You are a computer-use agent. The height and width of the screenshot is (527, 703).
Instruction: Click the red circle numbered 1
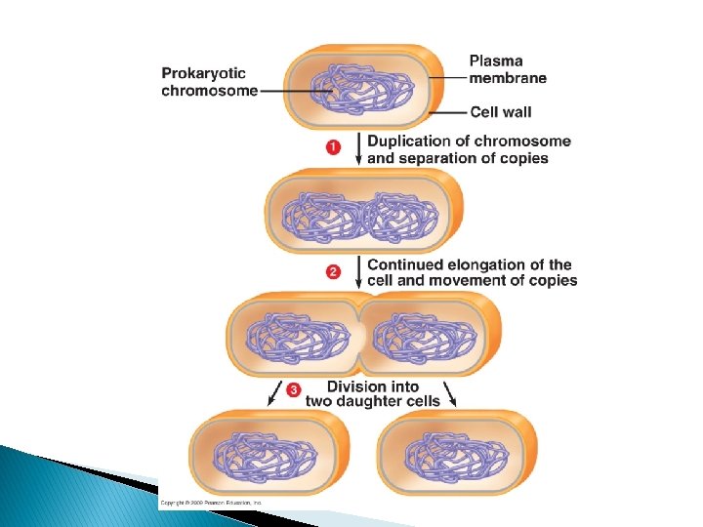[x=334, y=147]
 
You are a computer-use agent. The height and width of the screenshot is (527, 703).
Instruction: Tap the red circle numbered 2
[x=334, y=271]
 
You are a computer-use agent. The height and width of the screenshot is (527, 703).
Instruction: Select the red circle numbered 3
[x=295, y=391]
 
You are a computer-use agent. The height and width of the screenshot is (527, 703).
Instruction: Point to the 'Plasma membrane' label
[x=508, y=69]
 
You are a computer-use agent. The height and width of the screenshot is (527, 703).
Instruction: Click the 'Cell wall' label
[x=500, y=111]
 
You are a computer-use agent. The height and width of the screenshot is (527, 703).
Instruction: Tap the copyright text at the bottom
[x=209, y=503]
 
